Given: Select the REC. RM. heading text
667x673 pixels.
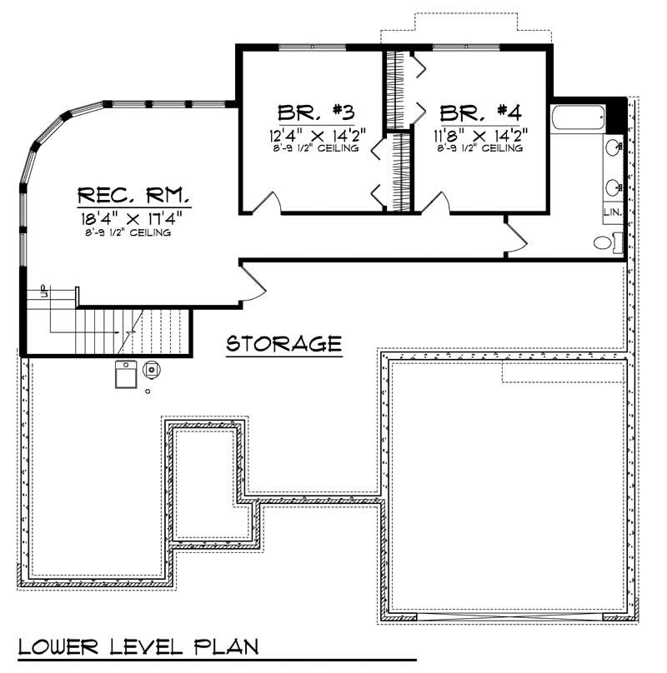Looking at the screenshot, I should [x=133, y=197].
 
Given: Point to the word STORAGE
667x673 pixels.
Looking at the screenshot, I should [x=283, y=343].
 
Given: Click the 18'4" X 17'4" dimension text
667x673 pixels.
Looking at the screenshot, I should [x=133, y=218].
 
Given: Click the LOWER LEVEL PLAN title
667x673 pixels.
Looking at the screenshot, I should [x=138, y=647].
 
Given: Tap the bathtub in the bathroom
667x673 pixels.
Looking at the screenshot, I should [x=577, y=119].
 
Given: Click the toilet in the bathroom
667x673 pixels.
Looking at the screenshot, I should [x=604, y=243].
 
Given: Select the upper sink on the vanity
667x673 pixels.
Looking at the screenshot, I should [x=615, y=148].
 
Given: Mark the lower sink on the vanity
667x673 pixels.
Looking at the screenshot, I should [x=615, y=187].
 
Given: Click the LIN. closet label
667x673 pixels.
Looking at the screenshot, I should [x=612, y=214].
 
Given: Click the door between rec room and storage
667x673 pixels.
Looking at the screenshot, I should [x=253, y=279].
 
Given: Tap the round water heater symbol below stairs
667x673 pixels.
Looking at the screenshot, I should [x=152, y=369].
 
